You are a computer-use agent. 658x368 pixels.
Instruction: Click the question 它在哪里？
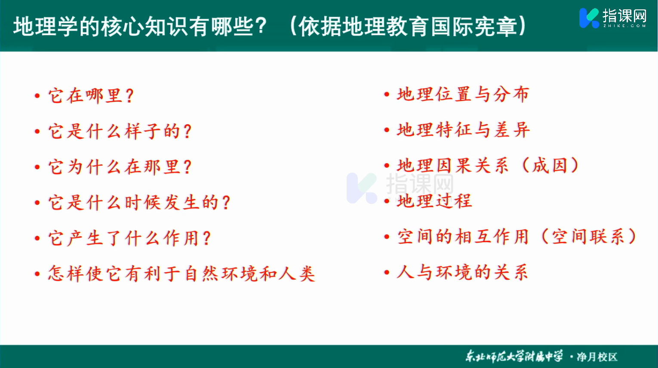(x=91, y=95)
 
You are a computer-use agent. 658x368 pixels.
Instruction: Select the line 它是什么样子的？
(x=120, y=131)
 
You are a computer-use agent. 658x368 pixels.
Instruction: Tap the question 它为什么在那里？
(x=120, y=167)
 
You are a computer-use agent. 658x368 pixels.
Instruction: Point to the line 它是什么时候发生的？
(x=139, y=202)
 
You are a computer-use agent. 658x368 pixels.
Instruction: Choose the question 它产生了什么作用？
(x=129, y=238)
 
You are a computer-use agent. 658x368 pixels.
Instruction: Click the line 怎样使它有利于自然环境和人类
(x=181, y=274)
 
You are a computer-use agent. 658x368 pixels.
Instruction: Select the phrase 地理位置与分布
(x=463, y=94)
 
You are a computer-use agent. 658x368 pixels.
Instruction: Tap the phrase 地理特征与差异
(x=463, y=130)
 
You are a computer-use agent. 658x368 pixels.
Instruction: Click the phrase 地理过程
(x=434, y=201)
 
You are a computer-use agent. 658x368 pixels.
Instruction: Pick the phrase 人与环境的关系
(x=462, y=272)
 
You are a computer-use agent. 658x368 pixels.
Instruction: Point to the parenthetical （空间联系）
(x=588, y=236)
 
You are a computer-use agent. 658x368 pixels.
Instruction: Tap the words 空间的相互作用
(x=463, y=236)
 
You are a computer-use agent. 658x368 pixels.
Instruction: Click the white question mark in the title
(x=260, y=26)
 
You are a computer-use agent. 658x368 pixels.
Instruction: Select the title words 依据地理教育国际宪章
(x=408, y=26)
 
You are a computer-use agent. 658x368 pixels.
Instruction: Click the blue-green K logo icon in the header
(x=589, y=18)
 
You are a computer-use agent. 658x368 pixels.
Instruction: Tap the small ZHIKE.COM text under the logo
(x=624, y=26)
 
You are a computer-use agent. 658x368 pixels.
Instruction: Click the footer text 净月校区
(x=597, y=357)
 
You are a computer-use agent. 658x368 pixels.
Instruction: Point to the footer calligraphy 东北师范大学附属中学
(x=514, y=356)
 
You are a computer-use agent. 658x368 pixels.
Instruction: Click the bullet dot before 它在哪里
(x=37, y=96)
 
